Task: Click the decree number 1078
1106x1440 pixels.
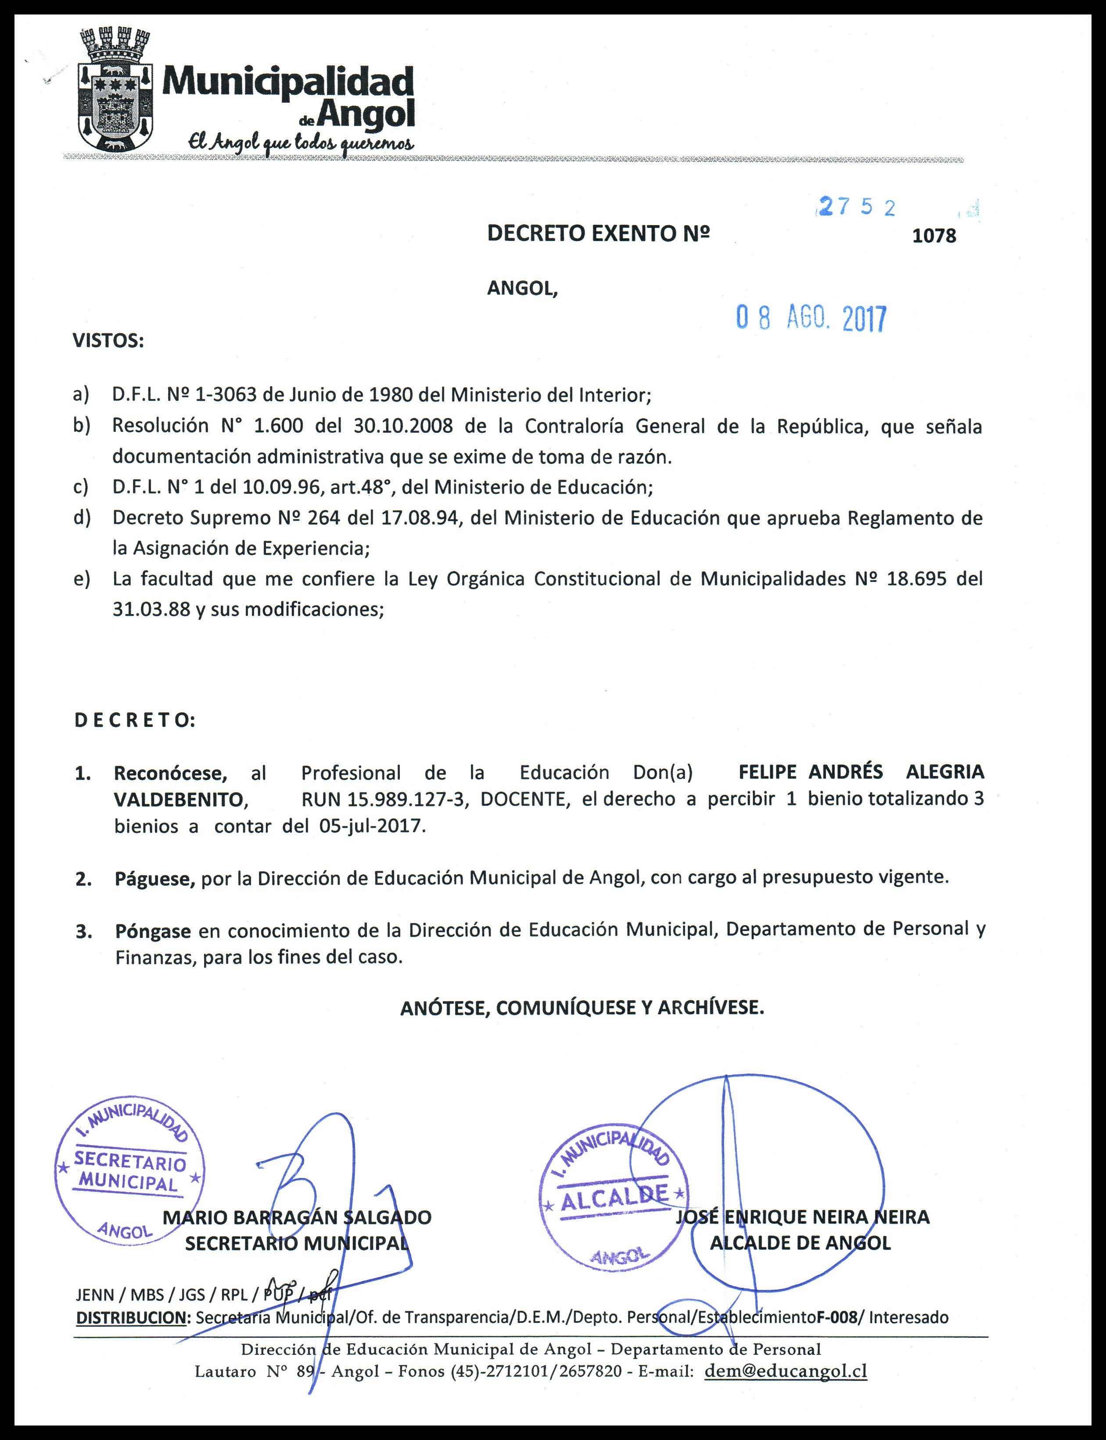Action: pos(934,236)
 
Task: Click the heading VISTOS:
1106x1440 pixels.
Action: pos(108,341)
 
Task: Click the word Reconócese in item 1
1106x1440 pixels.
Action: pos(170,772)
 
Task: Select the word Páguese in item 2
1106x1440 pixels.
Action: pos(154,878)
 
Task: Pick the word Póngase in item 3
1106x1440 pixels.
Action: pos(153,931)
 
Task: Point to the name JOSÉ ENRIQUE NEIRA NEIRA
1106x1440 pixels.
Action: pos(802,1217)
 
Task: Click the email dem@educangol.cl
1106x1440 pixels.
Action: pos(786,1372)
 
